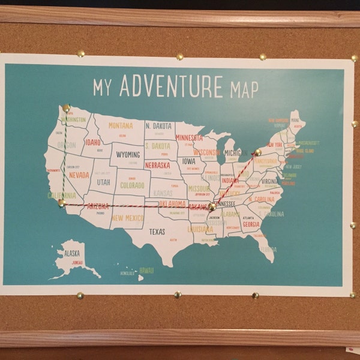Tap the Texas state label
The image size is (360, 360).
tap(157, 232)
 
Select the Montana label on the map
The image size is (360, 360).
tap(121, 125)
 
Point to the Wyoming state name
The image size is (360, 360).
tap(128, 155)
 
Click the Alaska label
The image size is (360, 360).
tap(68, 253)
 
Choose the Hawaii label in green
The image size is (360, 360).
tap(146, 271)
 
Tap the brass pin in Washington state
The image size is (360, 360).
tap(66, 108)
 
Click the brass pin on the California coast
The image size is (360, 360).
tap(61, 203)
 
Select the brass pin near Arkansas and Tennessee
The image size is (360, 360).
tap(212, 206)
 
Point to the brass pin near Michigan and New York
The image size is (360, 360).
tap(258, 152)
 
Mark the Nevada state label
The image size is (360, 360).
tap(79, 175)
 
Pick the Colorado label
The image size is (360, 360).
tap(132, 185)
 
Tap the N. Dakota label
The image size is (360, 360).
tap(159, 126)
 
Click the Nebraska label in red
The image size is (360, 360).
tap(158, 165)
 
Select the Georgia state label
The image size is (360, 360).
tap(251, 224)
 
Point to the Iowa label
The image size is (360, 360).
tap(189, 161)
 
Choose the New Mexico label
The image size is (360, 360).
tap(127, 218)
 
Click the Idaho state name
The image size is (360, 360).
tap(92, 143)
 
